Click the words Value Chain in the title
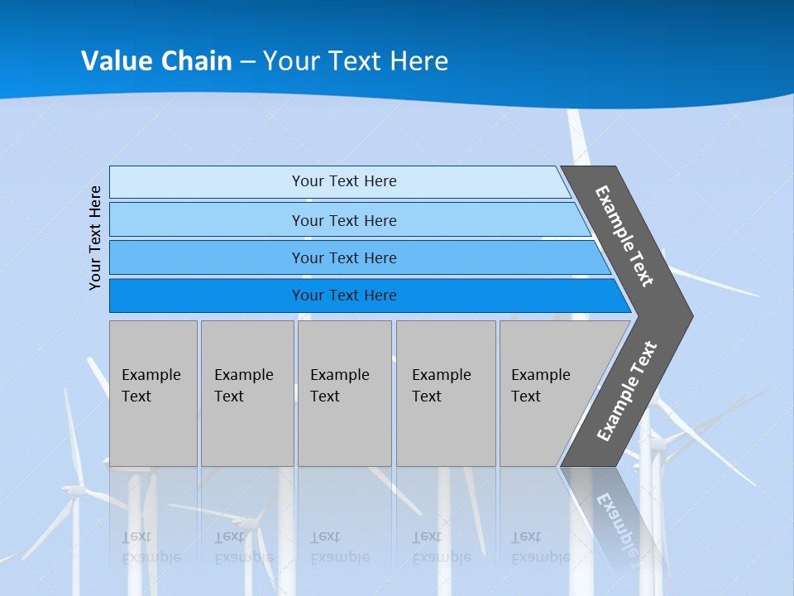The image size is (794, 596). [156, 60]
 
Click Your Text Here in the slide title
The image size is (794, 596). [356, 60]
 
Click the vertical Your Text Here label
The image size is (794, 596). [95, 238]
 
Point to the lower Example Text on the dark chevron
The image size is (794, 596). [627, 391]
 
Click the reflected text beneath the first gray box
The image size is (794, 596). [150, 547]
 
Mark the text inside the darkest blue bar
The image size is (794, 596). [344, 296]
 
